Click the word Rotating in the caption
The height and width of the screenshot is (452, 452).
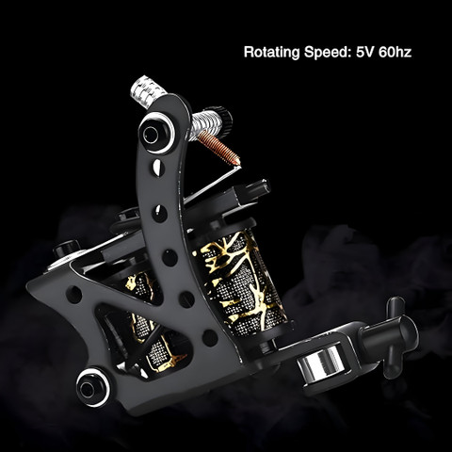[x=272, y=52]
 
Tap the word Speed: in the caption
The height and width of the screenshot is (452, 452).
[x=328, y=53]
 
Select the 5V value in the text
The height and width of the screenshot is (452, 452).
[x=365, y=52]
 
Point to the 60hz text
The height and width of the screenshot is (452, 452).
[x=395, y=52]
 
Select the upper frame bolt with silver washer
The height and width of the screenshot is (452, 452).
[x=155, y=134]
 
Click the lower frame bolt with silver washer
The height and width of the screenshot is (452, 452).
[x=93, y=388]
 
